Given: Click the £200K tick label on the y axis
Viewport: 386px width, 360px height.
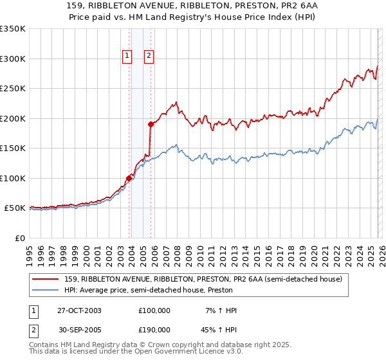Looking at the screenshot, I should click(13, 118).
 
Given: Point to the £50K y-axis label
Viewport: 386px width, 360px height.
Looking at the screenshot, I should click(15, 208).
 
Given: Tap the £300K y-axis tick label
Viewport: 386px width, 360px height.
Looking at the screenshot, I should click(13, 59).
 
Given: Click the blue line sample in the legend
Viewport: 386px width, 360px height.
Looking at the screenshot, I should click(46, 290).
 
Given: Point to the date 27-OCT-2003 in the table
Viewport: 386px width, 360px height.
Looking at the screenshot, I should click(79, 310).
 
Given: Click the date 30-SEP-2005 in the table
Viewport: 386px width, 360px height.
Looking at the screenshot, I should click(79, 328).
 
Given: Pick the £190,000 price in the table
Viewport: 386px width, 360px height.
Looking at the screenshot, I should click(154, 328).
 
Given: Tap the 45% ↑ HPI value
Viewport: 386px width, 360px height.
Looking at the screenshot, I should click(220, 328).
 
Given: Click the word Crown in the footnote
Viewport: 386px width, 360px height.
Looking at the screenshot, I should click(160, 345).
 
